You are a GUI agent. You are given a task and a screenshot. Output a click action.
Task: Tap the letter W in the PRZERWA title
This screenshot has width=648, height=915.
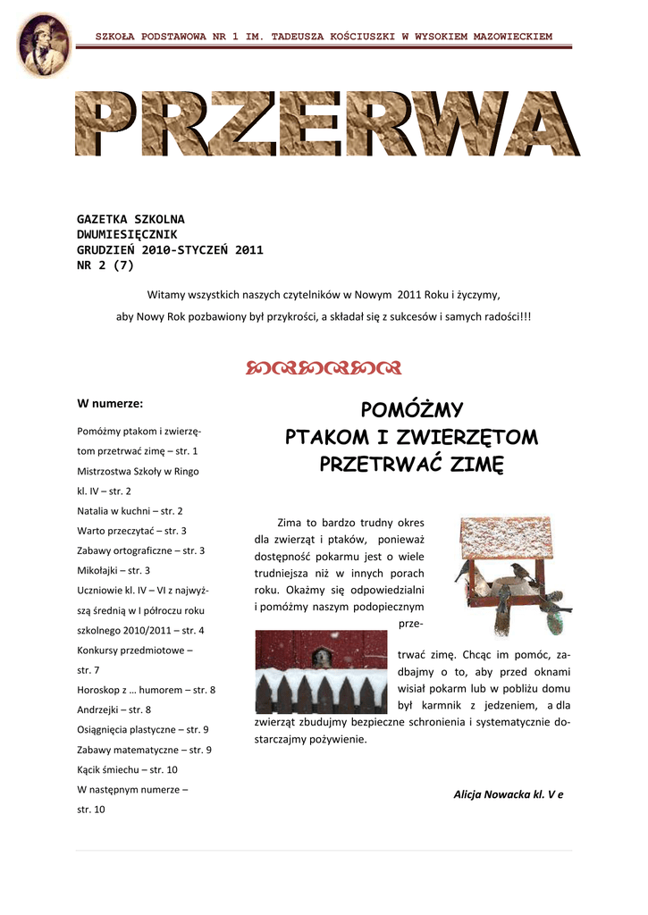460,125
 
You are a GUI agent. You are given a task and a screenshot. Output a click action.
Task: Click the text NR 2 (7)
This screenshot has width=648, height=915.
105,264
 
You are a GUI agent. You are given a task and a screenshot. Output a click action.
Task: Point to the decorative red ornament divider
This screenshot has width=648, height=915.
323,367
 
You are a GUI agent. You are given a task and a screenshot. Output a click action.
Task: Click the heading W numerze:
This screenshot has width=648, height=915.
111,403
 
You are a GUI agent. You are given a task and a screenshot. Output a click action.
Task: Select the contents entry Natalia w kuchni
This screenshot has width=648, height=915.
130,510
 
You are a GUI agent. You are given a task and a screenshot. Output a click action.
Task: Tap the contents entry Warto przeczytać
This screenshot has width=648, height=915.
131,531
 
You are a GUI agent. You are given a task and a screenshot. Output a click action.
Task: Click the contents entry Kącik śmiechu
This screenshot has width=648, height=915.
127,769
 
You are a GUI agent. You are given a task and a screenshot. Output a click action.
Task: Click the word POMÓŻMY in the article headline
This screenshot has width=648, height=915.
411,410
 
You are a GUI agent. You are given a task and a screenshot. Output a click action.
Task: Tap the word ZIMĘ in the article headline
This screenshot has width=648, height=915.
477,465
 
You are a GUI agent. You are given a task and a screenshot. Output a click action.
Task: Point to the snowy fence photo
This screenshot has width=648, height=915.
321,671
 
